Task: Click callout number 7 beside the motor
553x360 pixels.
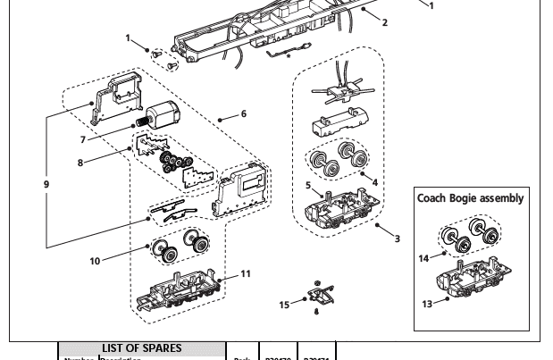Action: click(83, 140)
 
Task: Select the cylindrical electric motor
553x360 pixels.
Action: click(163, 116)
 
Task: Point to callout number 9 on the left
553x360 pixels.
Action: click(46, 185)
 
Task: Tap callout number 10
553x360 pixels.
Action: click(95, 262)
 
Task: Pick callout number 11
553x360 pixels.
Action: click(246, 273)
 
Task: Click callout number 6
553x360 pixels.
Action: click(244, 114)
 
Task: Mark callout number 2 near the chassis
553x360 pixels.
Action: click(385, 22)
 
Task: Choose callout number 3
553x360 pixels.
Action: click(398, 239)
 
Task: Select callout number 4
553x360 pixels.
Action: click(375, 182)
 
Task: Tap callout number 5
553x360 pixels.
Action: click(308, 186)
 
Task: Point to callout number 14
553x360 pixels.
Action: click(424, 258)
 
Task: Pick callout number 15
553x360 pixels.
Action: click(285, 305)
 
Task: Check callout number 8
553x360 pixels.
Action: click(80, 163)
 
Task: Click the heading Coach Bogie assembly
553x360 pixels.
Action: click(470, 198)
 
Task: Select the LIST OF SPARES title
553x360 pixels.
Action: click(141, 348)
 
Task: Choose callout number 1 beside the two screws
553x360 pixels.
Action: click(129, 38)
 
